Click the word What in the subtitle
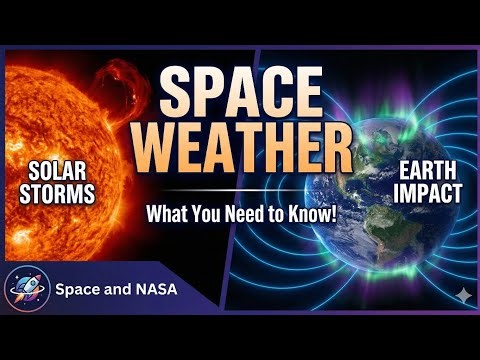[x=167, y=213]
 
